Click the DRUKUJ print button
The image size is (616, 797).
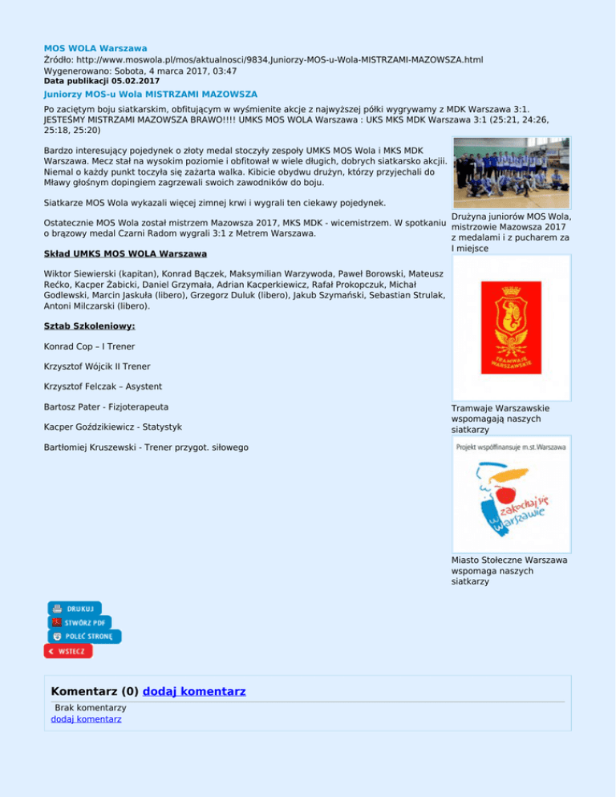coord(75,609)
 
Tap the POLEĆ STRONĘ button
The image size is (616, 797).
coord(83,637)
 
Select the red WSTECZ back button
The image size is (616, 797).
coord(68,651)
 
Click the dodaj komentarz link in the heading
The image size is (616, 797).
coord(193,691)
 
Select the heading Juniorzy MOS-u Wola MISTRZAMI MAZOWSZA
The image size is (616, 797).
coord(151,94)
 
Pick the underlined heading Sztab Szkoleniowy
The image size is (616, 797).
coord(90,326)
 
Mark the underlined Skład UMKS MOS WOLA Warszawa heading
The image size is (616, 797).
coord(125,253)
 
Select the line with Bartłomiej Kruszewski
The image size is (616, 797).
coord(146,446)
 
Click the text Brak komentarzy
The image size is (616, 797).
coord(90,708)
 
